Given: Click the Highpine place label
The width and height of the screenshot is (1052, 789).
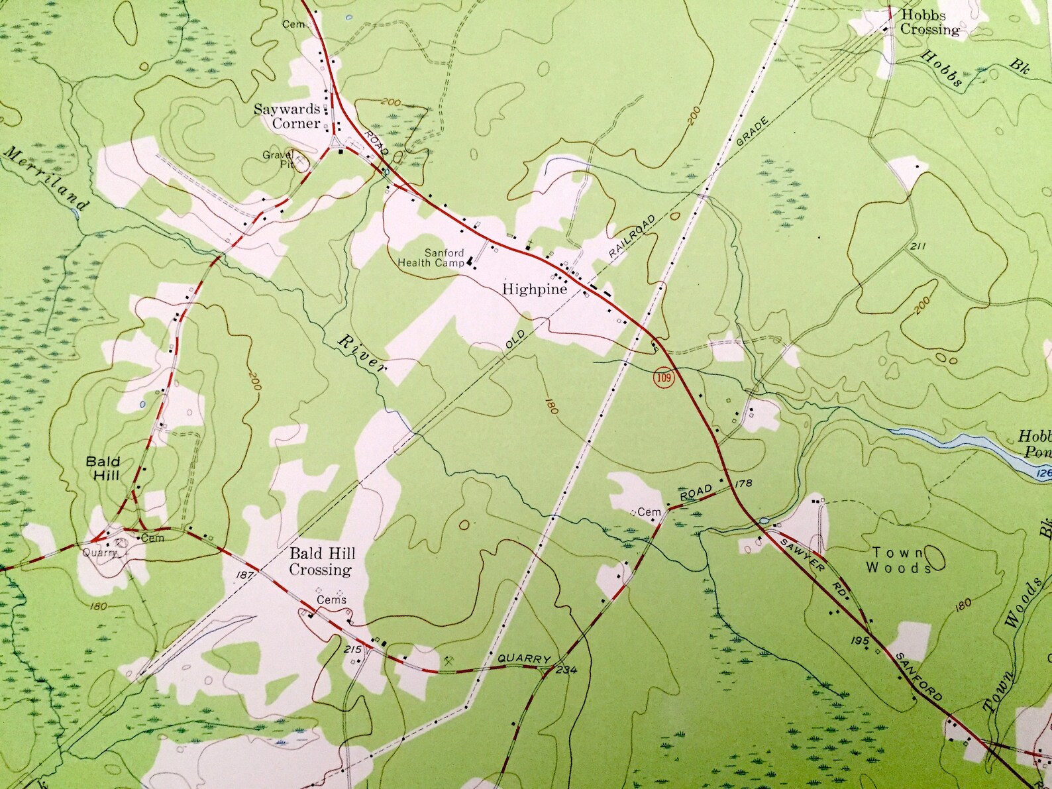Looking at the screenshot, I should (x=535, y=289).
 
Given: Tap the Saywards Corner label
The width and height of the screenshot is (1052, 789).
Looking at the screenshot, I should (x=288, y=116).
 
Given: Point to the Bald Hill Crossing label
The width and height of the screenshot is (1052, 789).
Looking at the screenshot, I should (x=321, y=561).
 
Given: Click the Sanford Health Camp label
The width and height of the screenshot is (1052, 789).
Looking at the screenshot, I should (x=431, y=258).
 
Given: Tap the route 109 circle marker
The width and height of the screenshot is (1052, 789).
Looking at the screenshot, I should (x=663, y=379).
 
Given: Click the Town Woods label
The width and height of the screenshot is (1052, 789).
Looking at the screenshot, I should (x=898, y=560).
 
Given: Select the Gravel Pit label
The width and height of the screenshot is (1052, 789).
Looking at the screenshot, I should (x=278, y=159).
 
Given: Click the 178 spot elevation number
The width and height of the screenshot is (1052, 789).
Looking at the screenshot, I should (x=744, y=483).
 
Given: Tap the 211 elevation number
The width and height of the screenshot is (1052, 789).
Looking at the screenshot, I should (x=918, y=247).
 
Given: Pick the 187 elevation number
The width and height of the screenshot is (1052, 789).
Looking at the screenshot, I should (x=245, y=576).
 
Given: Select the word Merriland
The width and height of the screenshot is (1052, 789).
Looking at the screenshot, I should (x=45, y=179).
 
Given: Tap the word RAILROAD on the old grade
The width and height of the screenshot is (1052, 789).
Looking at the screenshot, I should (x=632, y=237).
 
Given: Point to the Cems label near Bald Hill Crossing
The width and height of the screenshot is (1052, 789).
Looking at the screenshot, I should (x=331, y=600).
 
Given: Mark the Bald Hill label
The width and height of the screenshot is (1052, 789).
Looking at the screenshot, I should (x=103, y=468).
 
